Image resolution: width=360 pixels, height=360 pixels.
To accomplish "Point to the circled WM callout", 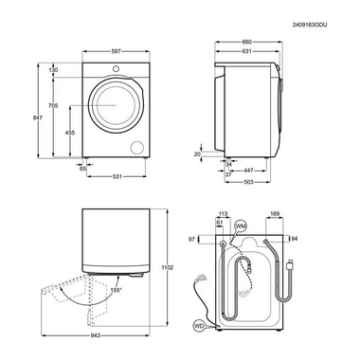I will click(x=240, y=225).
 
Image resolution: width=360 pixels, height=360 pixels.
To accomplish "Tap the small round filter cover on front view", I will click(x=139, y=146).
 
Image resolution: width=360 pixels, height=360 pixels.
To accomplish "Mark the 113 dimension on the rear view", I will click(x=224, y=215).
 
